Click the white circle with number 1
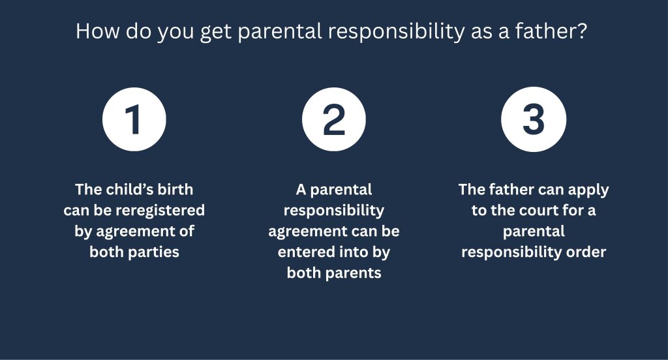[x=134, y=119]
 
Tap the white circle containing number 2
[x=333, y=119]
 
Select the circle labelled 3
[x=534, y=119]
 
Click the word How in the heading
[x=98, y=31]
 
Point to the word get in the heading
[x=215, y=33]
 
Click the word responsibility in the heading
[x=396, y=32]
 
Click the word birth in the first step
[x=175, y=189]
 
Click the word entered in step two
[x=301, y=252]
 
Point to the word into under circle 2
[x=350, y=252]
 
